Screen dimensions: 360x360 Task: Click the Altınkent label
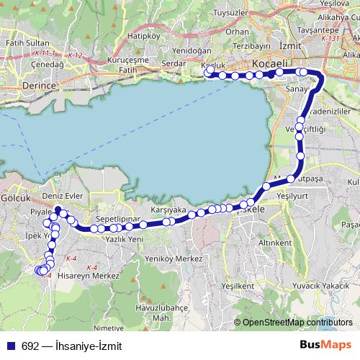pyautogui.click(x=274, y=243)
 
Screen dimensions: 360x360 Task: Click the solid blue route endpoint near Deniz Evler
pyautogui.click(x=58, y=211)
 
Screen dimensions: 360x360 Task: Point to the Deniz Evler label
pyautogui.click(x=64, y=196)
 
